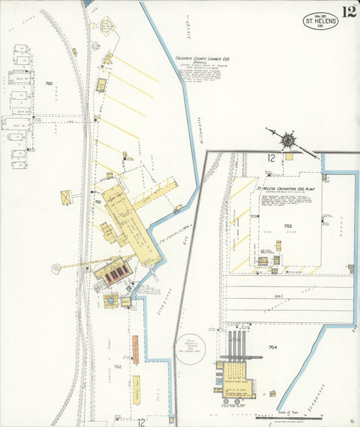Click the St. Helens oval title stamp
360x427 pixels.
pyautogui.click(x=320, y=20)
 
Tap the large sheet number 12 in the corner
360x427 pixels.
pyautogui.click(x=349, y=11)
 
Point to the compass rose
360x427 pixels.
pyautogui.click(x=288, y=141)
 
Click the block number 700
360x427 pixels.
pyautogui.click(x=49, y=84)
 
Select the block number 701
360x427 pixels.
pyautogui.click(x=97, y=201)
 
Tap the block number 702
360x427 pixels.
pyautogui.click(x=118, y=367)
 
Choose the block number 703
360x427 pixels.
pyautogui.click(x=288, y=226)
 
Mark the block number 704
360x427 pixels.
pyautogui.click(x=273, y=347)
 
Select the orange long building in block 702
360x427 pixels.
pyautogui.click(x=135, y=349)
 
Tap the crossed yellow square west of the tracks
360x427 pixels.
pyautogui.click(x=66, y=197)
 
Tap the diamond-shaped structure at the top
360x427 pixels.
pyautogui.click(x=106, y=26)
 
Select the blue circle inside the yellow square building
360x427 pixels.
pyautogui.click(x=111, y=301)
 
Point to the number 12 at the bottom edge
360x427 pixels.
pyautogui.click(x=142, y=422)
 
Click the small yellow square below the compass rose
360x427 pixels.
pyautogui.click(x=288, y=156)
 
